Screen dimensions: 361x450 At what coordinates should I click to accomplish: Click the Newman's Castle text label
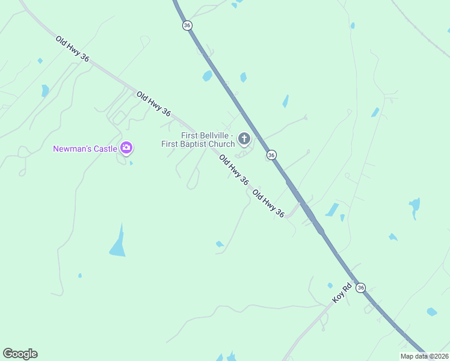[x=85, y=149]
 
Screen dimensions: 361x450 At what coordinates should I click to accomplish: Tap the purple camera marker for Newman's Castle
[x=126, y=147]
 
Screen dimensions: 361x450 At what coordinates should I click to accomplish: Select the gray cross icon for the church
[x=244, y=140]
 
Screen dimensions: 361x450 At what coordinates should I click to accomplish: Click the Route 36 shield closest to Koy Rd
[x=360, y=288]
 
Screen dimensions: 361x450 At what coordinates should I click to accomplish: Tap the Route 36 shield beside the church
[x=272, y=155]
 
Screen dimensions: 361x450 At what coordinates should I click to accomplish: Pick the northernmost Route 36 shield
[x=187, y=25]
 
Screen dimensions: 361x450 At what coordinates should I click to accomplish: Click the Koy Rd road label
[x=341, y=294]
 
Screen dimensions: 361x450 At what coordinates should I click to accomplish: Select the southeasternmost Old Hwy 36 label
[x=268, y=203]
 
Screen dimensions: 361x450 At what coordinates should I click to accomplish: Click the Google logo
[x=20, y=354]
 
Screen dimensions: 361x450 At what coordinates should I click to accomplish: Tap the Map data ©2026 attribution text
[x=424, y=356]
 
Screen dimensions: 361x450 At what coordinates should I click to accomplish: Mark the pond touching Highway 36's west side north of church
[x=208, y=76]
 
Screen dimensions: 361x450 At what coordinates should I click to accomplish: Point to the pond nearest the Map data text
[x=431, y=312]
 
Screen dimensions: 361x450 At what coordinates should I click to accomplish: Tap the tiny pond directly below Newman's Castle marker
[x=131, y=162]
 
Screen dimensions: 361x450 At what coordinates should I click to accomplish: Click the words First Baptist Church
[x=198, y=144]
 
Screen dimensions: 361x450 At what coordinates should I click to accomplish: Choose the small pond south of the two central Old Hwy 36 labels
[x=220, y=244]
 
